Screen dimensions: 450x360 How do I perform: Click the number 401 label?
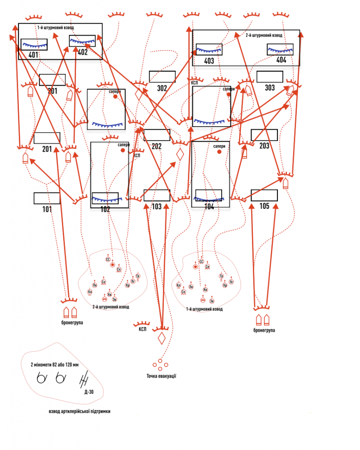[33, 55]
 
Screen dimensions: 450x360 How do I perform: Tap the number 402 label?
[83, 52]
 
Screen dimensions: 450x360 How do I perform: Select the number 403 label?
[209, 61]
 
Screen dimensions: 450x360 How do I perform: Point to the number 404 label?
[281, 60]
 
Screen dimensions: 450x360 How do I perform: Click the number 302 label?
[162, 88]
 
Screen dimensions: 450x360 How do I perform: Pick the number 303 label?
[270, 88]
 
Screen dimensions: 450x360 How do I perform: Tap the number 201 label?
[47, 149]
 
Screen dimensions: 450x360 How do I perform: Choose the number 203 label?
[264, 146]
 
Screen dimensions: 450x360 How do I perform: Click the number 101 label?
[47, 209]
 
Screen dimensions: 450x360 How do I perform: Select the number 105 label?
[264, 206]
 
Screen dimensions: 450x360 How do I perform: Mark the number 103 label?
[156, 206]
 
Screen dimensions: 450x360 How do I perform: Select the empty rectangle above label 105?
[264, 195]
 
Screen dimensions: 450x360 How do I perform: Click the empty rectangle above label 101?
[47, 198]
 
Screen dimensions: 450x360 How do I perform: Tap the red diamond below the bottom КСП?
[161, 338]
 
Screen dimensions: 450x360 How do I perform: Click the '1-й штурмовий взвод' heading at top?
[55, 28]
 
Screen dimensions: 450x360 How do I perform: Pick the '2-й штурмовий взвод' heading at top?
[263, 35]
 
